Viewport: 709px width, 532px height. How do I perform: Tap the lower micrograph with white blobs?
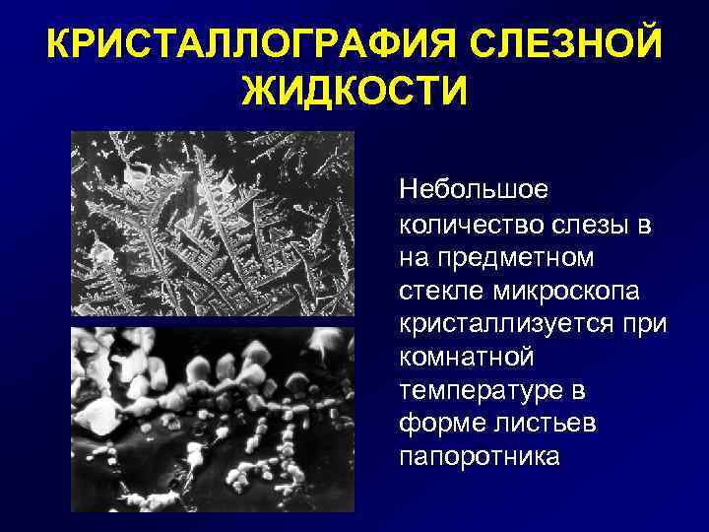click(x=213, y=419)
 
